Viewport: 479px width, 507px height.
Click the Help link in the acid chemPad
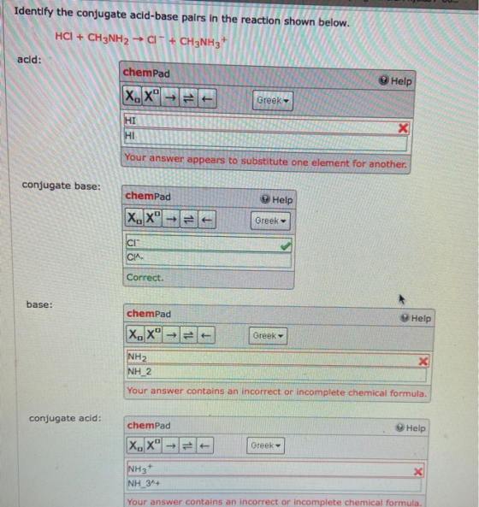point(395,80)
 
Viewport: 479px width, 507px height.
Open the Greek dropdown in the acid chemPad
point(273,101)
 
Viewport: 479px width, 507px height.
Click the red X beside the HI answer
point(403,128)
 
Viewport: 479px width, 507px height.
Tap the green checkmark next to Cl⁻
point(286,246)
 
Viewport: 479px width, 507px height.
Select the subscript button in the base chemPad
point(135,334)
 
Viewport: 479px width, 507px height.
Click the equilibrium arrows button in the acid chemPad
point(188,97)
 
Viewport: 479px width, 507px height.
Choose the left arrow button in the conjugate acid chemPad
point(204,446)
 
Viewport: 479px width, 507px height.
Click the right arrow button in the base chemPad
point(171,335)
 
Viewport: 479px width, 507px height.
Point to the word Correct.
point(145,277)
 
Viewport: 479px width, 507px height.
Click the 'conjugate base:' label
point(62,186)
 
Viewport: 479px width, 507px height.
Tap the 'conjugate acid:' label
point(65,418)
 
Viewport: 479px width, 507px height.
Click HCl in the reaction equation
point(63,36)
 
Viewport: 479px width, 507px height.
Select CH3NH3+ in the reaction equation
point(204,42)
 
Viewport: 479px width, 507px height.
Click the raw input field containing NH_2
point(276,374)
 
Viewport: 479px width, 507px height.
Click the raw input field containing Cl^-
point(209,259)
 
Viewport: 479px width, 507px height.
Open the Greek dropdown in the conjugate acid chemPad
point(265,445)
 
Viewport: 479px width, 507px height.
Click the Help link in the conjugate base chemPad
point(276,199)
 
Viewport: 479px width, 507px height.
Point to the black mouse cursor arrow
point(401,299)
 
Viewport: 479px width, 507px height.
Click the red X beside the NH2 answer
point(423,361)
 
